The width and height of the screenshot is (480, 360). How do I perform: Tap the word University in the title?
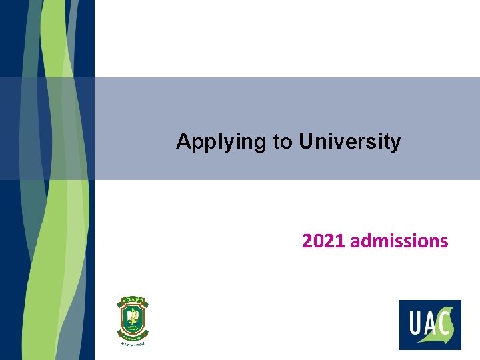350,142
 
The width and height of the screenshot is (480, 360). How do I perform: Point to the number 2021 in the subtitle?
324,240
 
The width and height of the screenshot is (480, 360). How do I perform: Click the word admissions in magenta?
399,240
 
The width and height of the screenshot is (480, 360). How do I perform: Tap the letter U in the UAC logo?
413,326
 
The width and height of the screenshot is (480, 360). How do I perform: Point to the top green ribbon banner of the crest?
133,301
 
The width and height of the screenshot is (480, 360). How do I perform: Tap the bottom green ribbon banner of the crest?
133,336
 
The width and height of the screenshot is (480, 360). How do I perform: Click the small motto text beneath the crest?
133,343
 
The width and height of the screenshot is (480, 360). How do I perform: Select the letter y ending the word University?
396,143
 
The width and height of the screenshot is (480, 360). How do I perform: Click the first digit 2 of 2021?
307,240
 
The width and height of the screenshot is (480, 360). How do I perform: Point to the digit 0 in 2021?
319,240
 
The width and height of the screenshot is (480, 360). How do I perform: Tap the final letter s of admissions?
445,241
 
